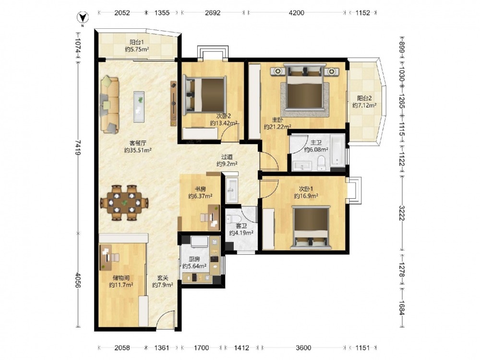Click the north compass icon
[x=83, y=18]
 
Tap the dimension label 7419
[x=78, y=147]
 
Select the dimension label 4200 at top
[x=296, y=12]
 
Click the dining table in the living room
[x=124, y=203]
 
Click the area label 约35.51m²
[x=138, y=150]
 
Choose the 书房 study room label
[x=200, y=189]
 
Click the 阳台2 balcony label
[x=364, y=98]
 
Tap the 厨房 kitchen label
[x=194, y=259]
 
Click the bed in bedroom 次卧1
[x=311, y=228]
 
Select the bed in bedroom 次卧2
[x=204, y=95]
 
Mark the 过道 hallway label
[x=227, y=157]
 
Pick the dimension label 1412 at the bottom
[x=241, y=348]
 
